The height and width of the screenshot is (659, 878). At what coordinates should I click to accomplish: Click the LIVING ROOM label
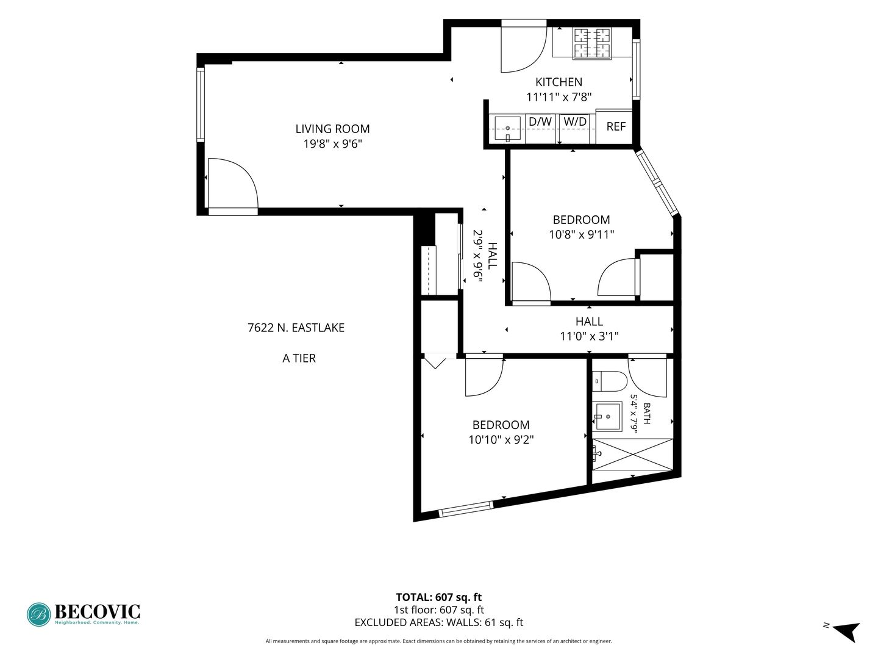(332, 129)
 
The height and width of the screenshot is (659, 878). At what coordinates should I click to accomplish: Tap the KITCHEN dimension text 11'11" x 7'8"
(559, 97)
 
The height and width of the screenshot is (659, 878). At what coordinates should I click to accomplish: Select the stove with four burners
(592, 43)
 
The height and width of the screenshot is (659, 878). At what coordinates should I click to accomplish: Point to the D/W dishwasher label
(540, 121)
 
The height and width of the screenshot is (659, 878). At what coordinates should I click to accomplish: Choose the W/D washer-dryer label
(575, 121)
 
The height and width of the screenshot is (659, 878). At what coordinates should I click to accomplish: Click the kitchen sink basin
(508, 128)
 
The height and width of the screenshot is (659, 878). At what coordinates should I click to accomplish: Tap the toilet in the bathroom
(609, 381)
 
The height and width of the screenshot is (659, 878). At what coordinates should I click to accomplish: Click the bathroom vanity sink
(607, 417)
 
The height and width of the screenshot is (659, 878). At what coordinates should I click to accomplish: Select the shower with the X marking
(632, 455)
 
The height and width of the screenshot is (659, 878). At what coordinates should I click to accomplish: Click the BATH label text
(647, 413)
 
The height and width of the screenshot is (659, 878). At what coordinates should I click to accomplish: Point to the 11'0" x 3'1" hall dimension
(589, 336)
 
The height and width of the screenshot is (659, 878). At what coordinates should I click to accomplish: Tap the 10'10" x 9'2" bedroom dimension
(501, 440)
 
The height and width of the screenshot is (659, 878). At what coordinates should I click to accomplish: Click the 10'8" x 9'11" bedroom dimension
(581, 234)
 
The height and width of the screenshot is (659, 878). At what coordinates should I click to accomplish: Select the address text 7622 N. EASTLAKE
(296, 328)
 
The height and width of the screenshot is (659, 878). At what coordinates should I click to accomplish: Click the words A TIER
(299, 358)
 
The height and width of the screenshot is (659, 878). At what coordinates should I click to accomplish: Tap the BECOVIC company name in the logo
(97, 611)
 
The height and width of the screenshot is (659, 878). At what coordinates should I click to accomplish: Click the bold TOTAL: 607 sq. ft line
(439, 597)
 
